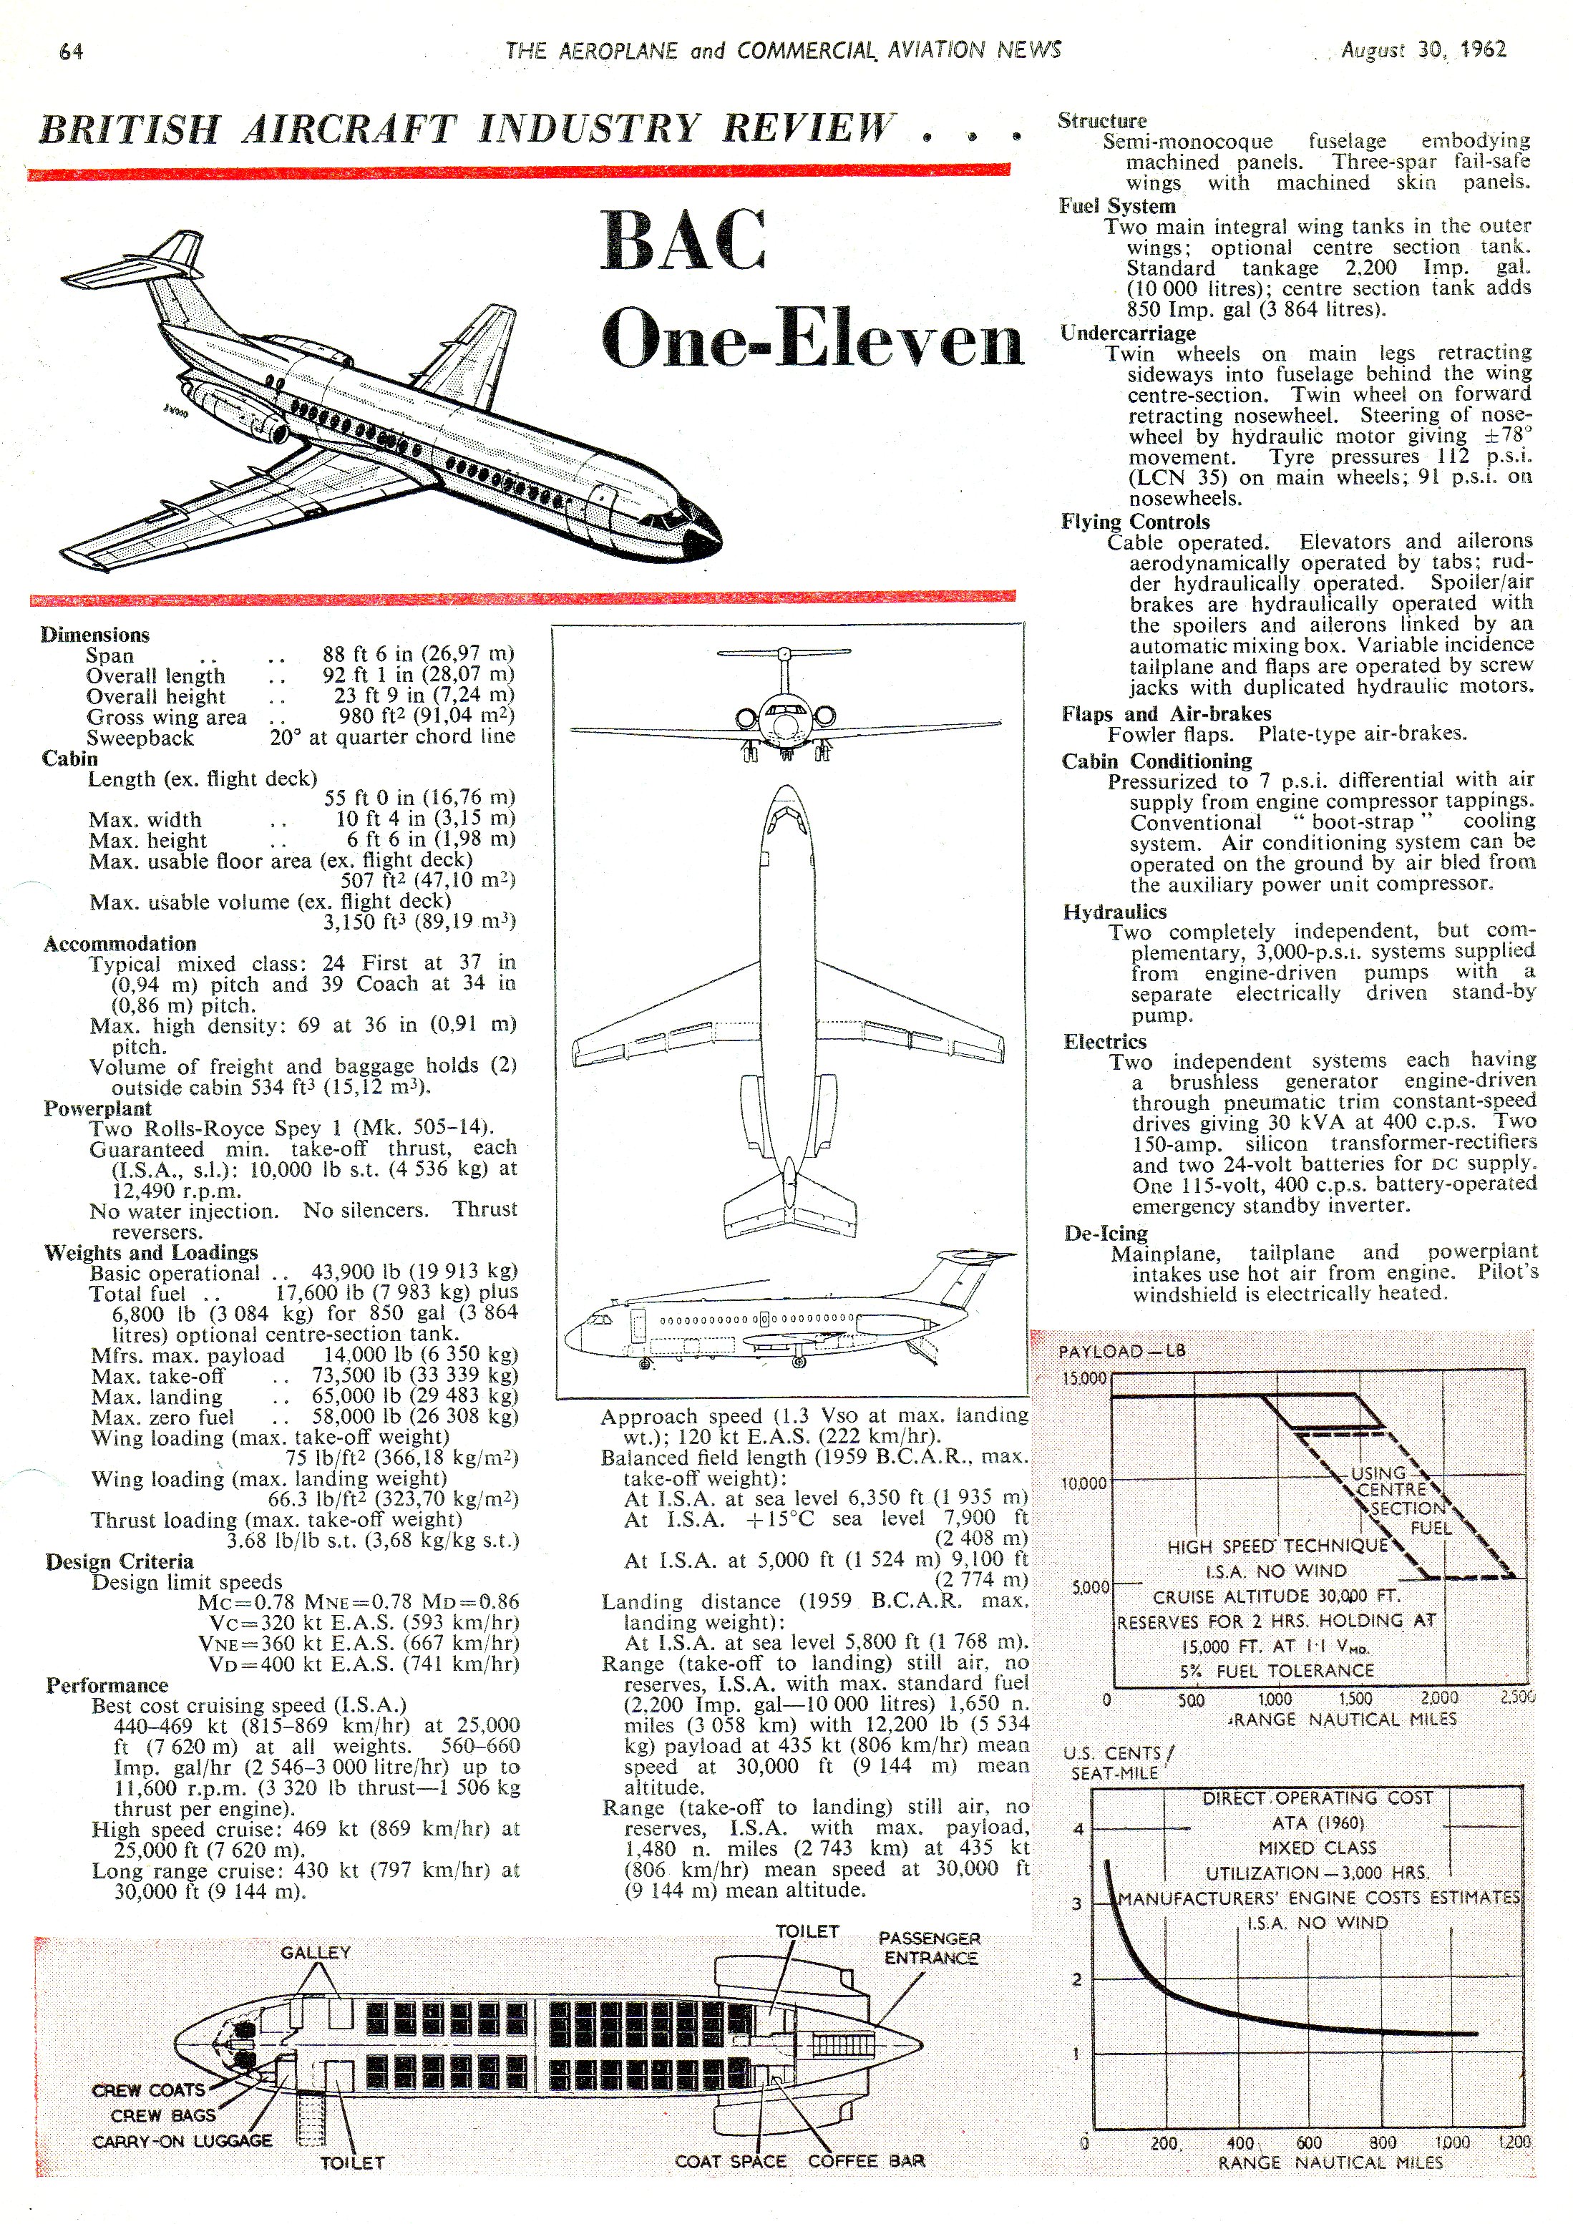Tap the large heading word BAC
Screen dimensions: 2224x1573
(684, 241)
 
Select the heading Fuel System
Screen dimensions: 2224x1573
(1117, 206)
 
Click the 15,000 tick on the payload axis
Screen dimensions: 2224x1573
(1084, 1378)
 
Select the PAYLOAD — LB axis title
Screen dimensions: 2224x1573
(1121, 1350)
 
